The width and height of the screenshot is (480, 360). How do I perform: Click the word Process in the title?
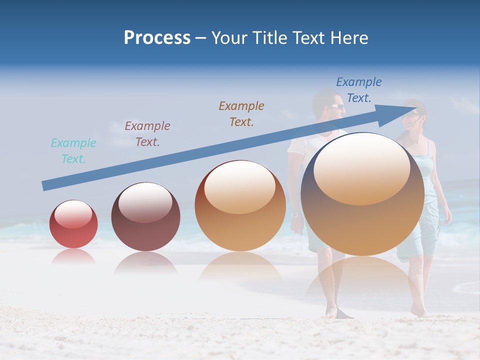tap(157, 38)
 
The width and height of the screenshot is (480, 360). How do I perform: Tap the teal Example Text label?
tap(73, 151)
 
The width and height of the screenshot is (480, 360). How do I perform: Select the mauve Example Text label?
tap(147, 134)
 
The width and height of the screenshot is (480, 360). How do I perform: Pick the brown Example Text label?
tap(241, 113)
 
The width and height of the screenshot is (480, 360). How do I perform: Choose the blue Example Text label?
tap(359, 90)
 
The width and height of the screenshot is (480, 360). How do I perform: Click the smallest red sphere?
tap(73, 225)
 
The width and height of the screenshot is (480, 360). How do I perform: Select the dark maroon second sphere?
tap(145, 217)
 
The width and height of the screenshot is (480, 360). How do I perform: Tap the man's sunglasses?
tap(336, 106)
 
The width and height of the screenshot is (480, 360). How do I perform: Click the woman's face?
tap(414, 117)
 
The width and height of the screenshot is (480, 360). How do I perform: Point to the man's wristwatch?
tap(294, 214)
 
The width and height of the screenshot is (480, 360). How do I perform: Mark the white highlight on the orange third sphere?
tap(240, 186)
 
